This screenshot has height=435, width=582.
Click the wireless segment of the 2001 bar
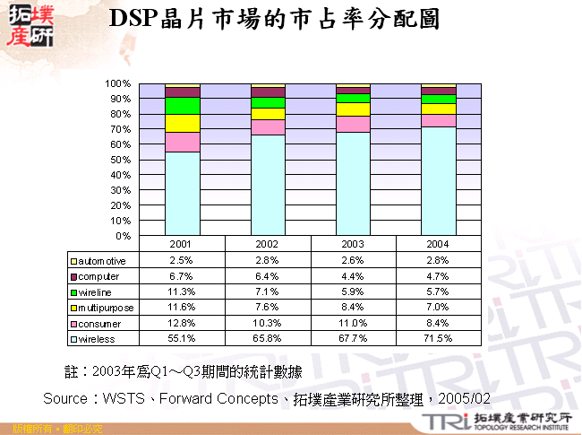click(182, 194)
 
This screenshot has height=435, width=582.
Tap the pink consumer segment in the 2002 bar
click(268, 127)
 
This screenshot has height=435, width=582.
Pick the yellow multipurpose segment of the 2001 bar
click(182, 123)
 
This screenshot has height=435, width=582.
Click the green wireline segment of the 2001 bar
click(182, 106)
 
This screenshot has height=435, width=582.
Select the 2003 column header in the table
click(354, 244)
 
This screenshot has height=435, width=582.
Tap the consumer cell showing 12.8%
click(182, 323)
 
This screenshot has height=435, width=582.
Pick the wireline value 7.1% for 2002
click(268, 291)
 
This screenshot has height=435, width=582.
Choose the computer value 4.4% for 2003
click(354, 276)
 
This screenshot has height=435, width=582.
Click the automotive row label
click(103, 260)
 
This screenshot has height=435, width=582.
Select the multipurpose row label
click(105, 308)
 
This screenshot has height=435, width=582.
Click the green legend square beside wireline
click(74, 292)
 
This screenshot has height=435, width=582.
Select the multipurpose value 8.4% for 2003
click(354, 308)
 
